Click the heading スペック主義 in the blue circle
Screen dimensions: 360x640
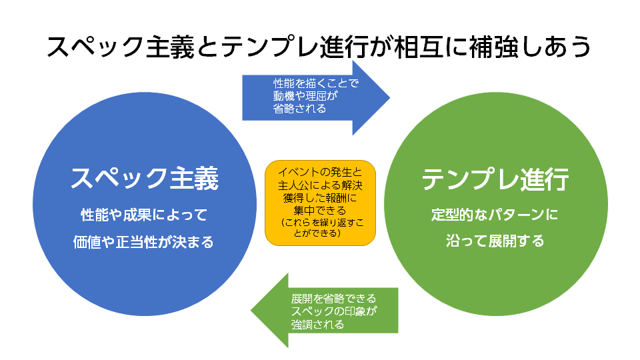144,179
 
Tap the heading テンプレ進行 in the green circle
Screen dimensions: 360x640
495,179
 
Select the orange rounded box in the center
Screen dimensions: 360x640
320,203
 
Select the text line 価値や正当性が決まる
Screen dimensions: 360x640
144,242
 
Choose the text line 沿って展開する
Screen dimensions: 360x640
495,241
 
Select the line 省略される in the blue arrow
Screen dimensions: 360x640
299,109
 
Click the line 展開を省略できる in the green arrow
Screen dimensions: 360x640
333,298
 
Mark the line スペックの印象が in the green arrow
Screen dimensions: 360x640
334,311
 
